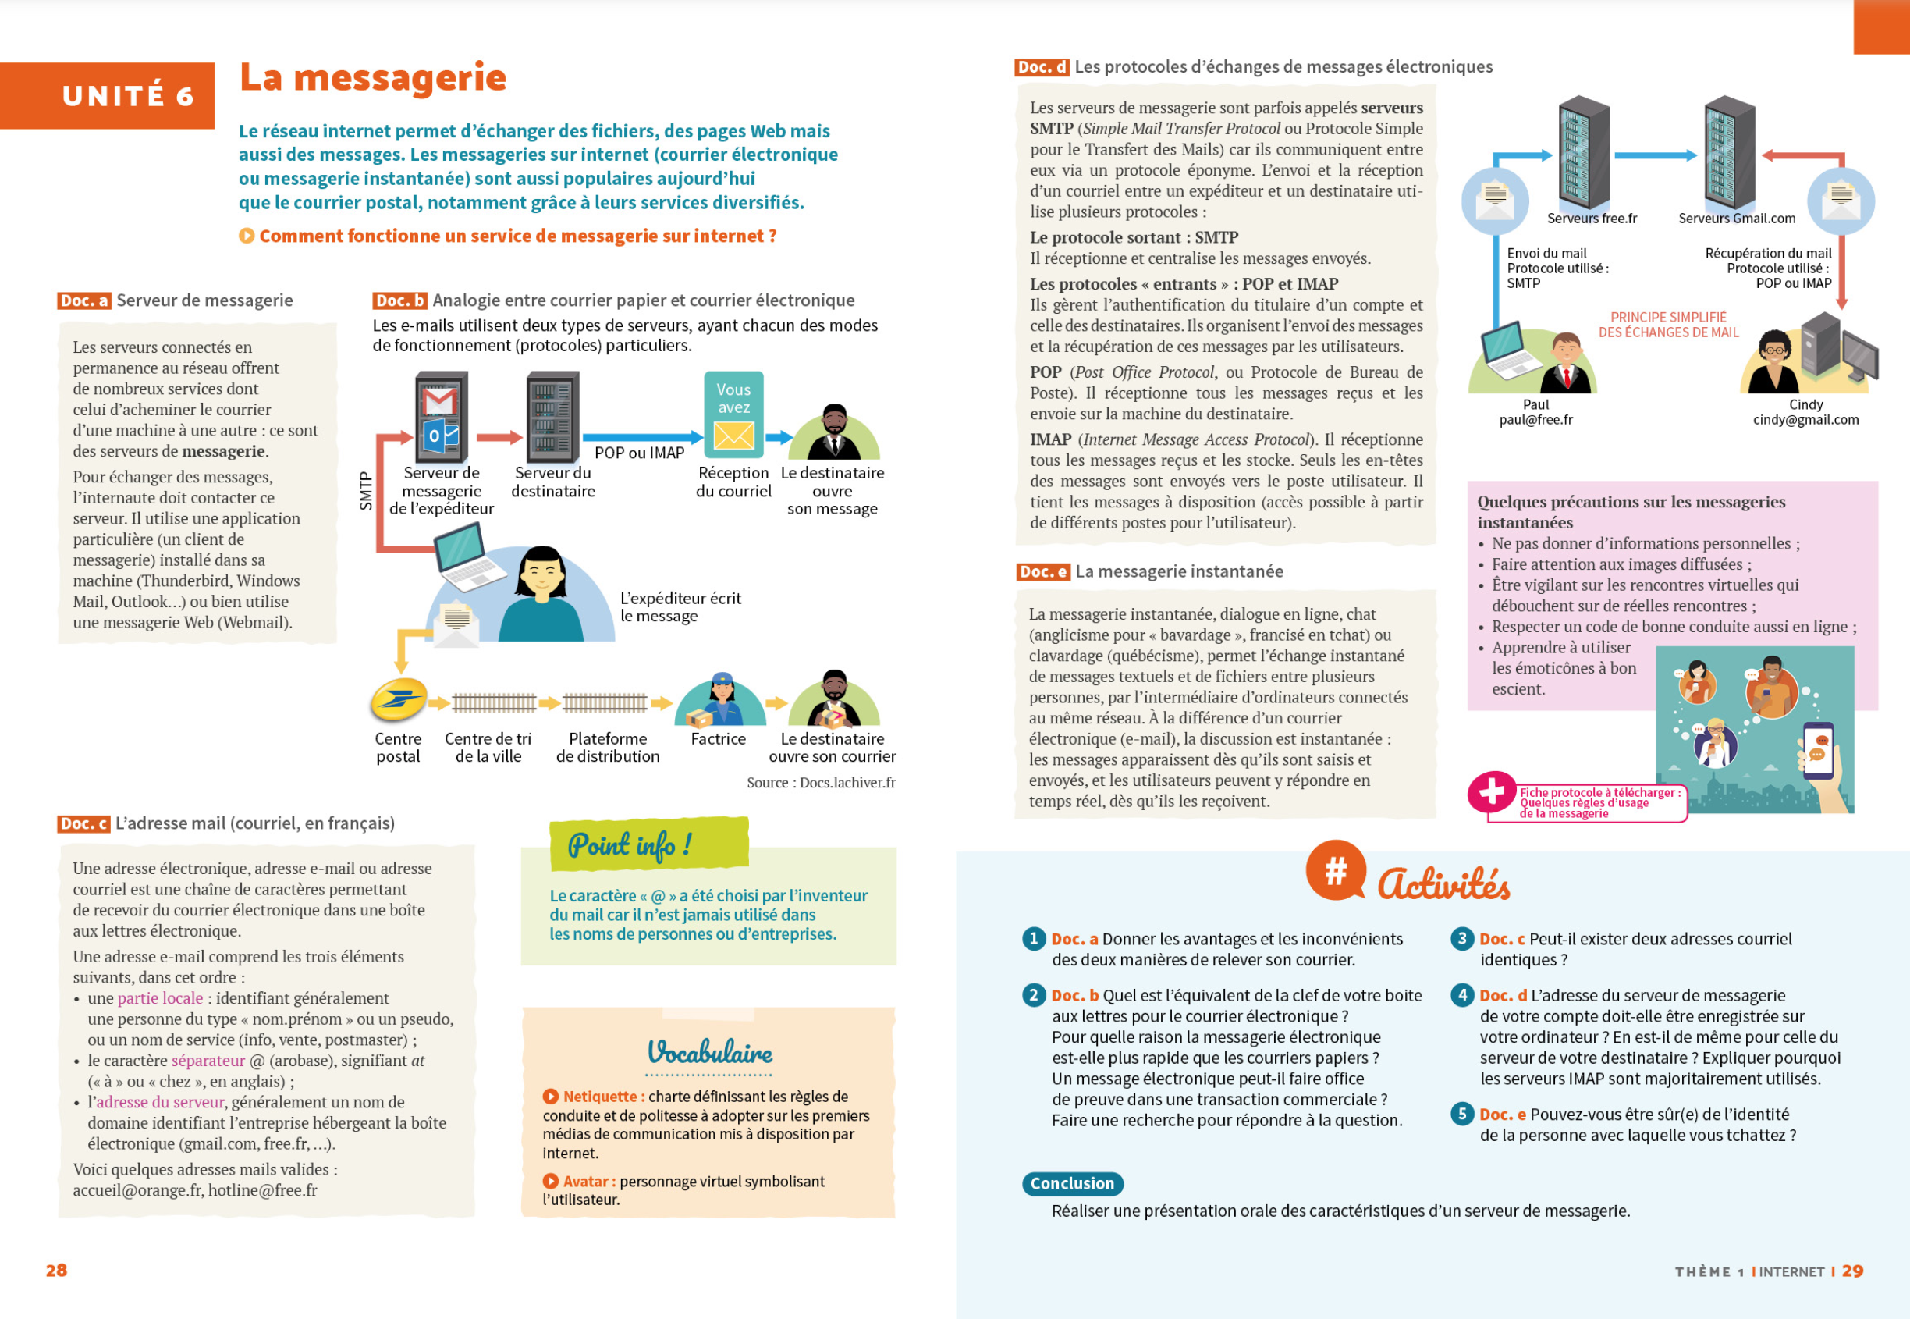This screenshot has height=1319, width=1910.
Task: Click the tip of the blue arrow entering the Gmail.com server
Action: [1698, 155]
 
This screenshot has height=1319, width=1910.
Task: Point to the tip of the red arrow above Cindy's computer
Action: [1841, 310]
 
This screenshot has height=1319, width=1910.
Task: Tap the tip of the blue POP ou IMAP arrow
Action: [703, 437]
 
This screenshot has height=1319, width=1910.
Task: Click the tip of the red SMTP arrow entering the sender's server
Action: [414, 437]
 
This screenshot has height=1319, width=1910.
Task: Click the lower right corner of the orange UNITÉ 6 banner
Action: [215, 129]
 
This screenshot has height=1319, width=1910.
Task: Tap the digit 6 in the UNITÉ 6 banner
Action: [185, 97]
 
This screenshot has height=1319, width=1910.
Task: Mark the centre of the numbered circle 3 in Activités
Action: [1461, 938]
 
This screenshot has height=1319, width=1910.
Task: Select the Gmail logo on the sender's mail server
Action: [439, 402]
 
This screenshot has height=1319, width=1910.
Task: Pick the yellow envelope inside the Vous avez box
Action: [733, 436]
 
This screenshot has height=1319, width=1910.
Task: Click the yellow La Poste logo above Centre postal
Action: [398, 701]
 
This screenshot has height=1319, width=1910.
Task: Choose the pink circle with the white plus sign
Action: [1491, 791]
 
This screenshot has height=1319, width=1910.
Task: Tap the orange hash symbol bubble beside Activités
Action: [1335, 870]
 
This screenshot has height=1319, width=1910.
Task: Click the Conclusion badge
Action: [1071, 1183]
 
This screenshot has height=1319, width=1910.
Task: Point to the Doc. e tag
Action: [1042, 572]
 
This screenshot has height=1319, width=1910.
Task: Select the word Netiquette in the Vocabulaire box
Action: [600, 1097]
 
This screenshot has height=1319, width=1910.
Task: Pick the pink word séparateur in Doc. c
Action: [208, 1061]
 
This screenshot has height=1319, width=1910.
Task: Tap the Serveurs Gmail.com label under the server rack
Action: [1737, 219]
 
